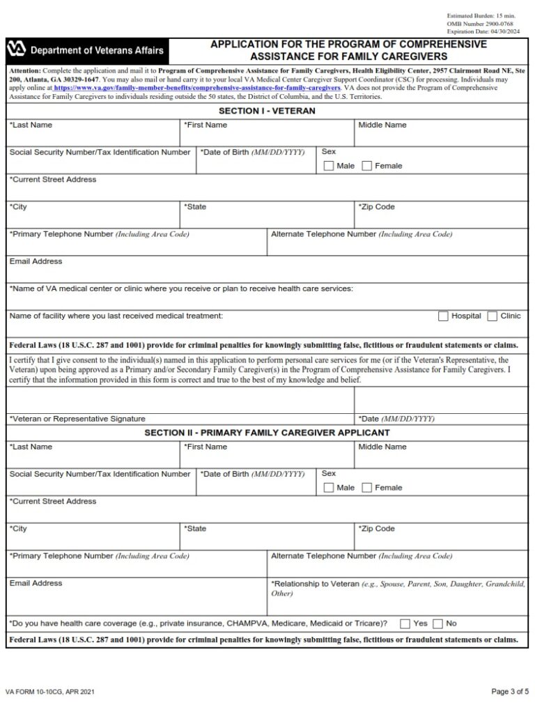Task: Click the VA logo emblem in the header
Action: click(17, 49)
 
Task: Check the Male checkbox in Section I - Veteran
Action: click(329, 166)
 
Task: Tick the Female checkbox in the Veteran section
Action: click(367, 166)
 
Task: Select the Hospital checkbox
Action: click(443, 316)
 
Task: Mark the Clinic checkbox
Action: click(493, 316)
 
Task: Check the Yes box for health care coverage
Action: click(405, 624)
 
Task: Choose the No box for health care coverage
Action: click(438, 624)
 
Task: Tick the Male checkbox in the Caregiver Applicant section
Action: click(329, 488)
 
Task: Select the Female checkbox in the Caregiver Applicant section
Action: click(367, 488)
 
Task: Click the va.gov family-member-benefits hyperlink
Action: click(196, 88)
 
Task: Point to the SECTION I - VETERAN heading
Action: click(267, 111)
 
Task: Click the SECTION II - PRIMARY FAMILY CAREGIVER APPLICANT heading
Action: click(267, 433)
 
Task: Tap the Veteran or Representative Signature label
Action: click(77, 419)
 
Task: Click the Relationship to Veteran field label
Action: click(315, 583)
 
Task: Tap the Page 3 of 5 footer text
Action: click(510, 691)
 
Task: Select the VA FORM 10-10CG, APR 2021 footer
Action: click(50, 692)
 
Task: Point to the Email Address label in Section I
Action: click(36, 261)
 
